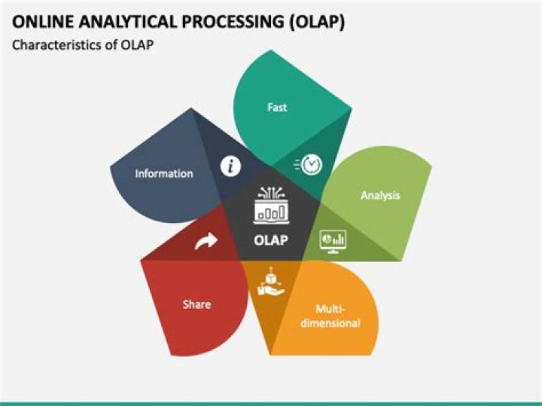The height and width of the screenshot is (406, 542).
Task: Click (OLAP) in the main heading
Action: [x=317, y=22]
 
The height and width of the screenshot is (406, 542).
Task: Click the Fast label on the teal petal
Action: [x=277, y=108]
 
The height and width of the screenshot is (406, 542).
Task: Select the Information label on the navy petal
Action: [x=164, y=173]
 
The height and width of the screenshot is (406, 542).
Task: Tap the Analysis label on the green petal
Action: [x=380, y=196]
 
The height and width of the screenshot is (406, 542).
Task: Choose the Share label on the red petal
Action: [x=196, y=304]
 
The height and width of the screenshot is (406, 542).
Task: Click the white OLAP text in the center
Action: [x=272, y=241]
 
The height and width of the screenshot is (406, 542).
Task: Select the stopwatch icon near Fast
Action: [x=309, y=164]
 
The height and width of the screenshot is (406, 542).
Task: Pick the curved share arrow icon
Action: [x=206, y=241]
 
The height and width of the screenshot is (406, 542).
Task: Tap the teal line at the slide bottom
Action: [x=271, y=403]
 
